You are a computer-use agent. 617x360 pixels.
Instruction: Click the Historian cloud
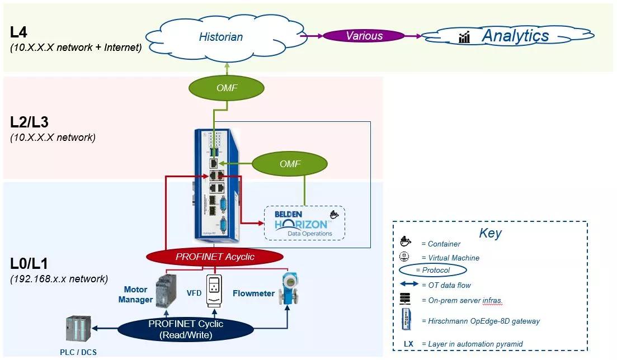[x=221, y=37]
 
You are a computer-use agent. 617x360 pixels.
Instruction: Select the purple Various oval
[x=364, y=36]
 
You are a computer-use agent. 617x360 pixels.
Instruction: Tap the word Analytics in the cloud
[x=515, y=36]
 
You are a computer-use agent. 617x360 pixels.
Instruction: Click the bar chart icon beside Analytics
[x=464, y=37]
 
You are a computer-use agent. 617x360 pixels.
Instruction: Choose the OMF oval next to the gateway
[x=290, y=164]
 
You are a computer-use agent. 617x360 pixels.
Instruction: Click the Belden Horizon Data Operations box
[x=304, y=223]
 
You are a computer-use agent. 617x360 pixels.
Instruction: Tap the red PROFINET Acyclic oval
[x=215, y=257]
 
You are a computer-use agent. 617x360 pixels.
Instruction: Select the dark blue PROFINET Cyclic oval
[x=186, y=328]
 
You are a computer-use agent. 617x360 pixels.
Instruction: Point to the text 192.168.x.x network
[x=59, y=278]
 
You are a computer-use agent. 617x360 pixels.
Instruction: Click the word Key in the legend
[x=490, y=233]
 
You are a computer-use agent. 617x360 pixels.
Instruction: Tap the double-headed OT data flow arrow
[x=408, y=285]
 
